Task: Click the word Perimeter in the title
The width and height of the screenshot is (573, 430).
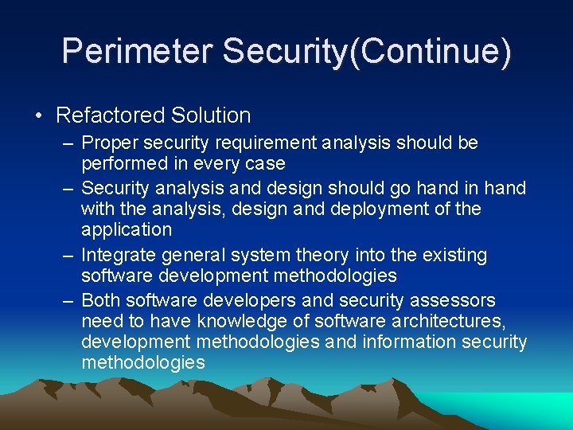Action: pyautogui.click(x=138, y=50)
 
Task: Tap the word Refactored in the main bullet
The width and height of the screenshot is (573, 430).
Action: pyautogui.click(x=109, y=115)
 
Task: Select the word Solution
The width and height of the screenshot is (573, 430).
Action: pyautogui.click(x=209, y=115)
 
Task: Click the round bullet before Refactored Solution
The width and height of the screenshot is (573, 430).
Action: pyautogui.click(x=40, y=115)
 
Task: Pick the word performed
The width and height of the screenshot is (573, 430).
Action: pyautogui.click(x=121, y=164)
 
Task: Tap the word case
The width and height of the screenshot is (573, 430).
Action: pyautogui.click(x=267, y=164)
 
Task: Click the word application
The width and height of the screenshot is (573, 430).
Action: pyautogui.click(x=127, y=230)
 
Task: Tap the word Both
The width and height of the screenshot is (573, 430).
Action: pyautogui.click(x=101, y=301)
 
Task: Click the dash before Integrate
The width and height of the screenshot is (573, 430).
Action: pyautogui.click(x=68, y=256)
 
